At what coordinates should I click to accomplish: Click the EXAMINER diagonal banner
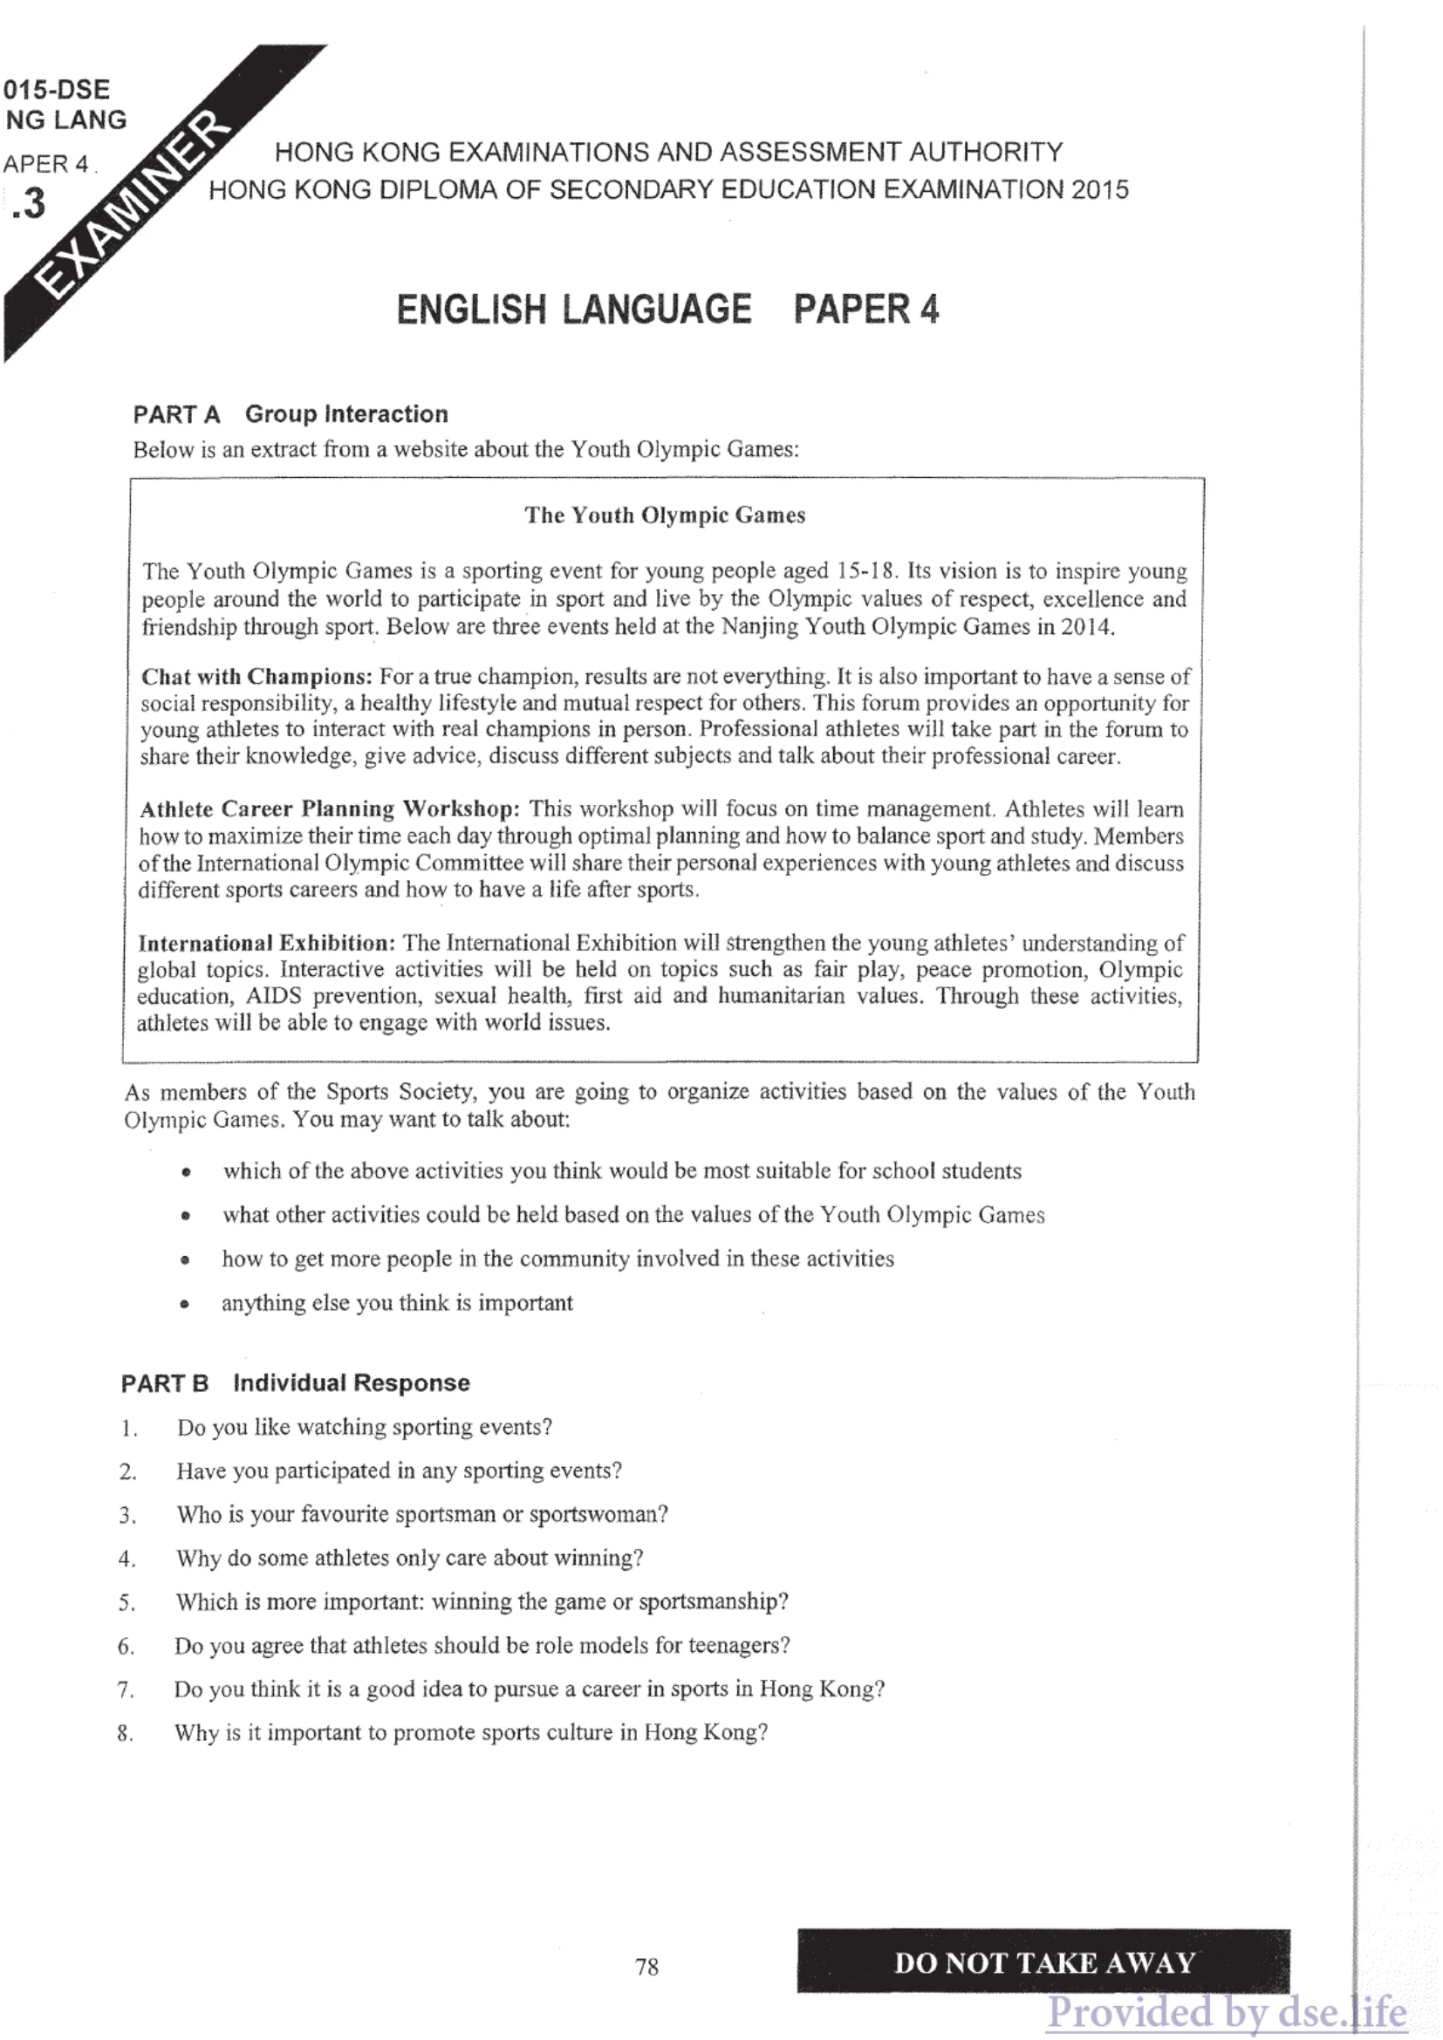(x=133, y=204)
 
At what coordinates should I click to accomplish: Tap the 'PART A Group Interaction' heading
(x=291, y=414)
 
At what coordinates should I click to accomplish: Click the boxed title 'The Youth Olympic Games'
(x=665, y=515)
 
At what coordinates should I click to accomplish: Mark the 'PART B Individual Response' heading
(x=295, y=1382)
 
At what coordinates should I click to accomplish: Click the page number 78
(x=646, y=1967)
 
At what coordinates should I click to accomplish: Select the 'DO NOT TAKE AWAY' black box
(x=1043, y=1962)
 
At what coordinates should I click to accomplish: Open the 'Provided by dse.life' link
(x=1226, y=2013)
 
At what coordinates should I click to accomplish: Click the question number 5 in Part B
(x=127, y=1603)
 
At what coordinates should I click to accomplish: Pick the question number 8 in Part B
(x=126, y=1734)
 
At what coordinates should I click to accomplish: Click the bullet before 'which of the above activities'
(x=186, y=1173)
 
